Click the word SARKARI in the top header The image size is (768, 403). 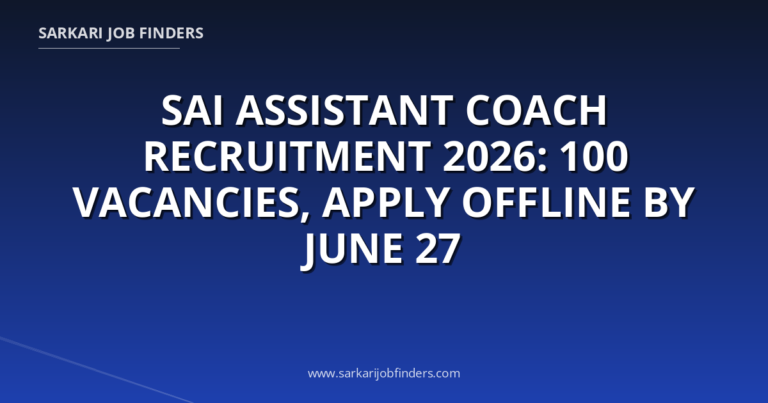70,33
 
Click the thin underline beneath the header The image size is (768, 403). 109,49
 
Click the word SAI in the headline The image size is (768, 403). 191,111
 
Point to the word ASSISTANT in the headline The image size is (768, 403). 344,111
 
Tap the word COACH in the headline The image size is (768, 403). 536,111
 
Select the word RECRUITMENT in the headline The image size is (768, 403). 287,157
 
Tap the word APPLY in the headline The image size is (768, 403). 385,203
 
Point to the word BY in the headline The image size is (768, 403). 669,203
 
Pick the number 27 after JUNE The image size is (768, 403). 438,249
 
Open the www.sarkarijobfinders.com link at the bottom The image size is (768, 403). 384,373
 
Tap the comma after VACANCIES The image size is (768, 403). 305,214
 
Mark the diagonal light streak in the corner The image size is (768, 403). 96,370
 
